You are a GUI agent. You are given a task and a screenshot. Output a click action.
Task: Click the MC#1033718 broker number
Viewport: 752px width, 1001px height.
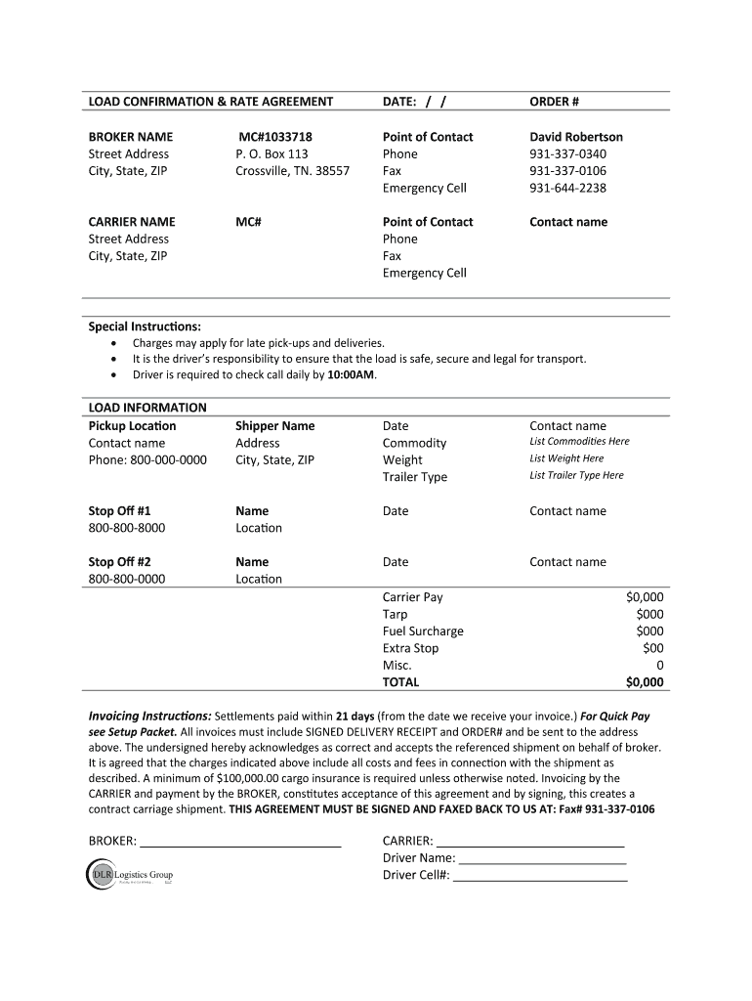point(276,137)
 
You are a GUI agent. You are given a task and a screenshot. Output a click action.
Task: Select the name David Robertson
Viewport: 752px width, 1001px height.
point(575,137)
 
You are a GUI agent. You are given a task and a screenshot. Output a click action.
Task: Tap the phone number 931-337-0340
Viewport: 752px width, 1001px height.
point(567,154)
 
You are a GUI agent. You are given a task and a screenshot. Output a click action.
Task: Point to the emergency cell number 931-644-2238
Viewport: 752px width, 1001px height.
point(567,189)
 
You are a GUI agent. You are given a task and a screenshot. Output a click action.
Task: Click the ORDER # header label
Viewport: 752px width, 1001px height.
point(554,102)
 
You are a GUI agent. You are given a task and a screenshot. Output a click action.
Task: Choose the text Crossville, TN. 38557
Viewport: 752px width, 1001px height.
point(292,171)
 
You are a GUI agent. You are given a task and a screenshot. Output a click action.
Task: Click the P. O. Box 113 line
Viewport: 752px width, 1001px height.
point(272,154)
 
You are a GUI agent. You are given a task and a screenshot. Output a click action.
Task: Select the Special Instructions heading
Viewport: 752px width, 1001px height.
point(145,326)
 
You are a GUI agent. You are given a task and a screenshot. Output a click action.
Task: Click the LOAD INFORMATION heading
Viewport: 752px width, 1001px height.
point(147,408)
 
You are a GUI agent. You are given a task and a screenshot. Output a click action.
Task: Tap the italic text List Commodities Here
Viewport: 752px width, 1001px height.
point(579,442)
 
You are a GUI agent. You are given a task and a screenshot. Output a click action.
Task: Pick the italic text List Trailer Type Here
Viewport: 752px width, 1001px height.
point(576,476)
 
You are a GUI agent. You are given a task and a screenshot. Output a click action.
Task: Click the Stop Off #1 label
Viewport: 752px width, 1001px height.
point(119,511)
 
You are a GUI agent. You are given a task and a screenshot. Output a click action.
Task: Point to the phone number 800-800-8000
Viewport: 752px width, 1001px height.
point(127,528)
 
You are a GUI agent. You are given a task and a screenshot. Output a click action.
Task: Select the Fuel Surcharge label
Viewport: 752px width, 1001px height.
point(423,631)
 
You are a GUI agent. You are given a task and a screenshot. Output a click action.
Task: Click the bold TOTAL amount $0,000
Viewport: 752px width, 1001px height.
point(645,682)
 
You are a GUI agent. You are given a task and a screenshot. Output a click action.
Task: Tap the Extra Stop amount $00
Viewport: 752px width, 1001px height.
point(652,648)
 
